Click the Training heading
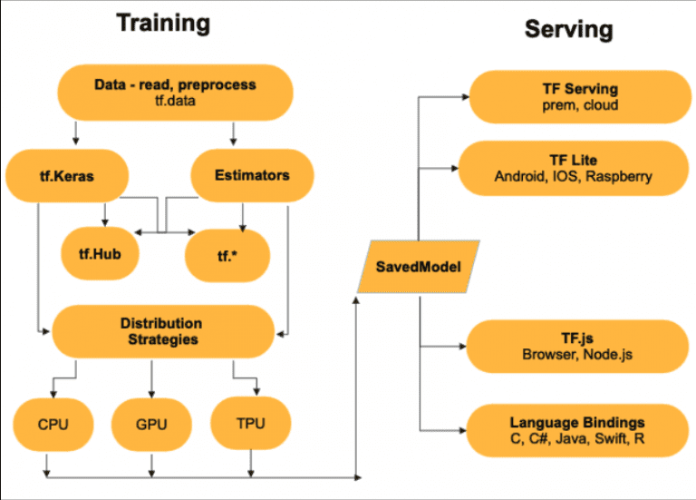163,25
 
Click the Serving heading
568,30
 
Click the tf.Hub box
105,253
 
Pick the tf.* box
227,253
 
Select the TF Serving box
573,97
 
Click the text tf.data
175,102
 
